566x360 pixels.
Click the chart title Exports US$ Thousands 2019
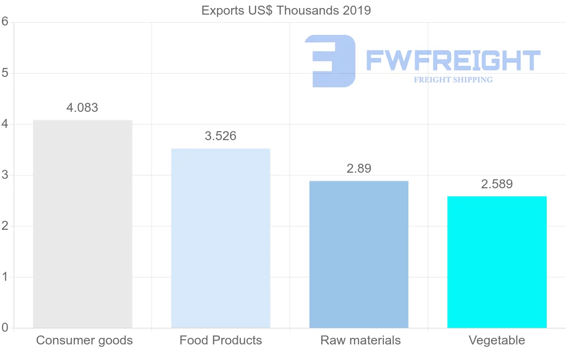286,10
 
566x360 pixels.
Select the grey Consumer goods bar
83,224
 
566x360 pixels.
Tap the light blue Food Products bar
221,238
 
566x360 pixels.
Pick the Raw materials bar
359,254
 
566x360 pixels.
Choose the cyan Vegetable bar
497,262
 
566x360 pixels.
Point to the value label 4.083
83,108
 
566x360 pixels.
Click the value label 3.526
221,136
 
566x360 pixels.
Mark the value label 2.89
359,168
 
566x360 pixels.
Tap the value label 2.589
497,184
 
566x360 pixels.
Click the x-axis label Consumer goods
84,340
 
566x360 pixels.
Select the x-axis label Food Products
221,340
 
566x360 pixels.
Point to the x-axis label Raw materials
360,340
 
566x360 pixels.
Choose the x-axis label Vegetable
497,340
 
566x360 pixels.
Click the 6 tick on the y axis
5,22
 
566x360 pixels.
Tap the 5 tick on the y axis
5,73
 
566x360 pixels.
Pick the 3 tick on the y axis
5,175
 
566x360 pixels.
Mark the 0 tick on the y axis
5,328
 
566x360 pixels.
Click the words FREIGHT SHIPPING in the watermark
453,80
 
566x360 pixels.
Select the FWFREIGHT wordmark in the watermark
453,60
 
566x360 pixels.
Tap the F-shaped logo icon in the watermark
330,61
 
